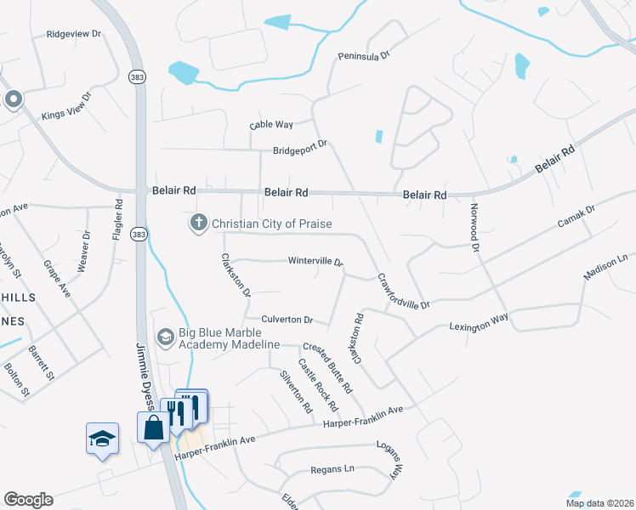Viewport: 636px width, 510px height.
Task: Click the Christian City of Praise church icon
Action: click(198, 224)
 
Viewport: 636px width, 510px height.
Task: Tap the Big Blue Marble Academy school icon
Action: click(165, 337)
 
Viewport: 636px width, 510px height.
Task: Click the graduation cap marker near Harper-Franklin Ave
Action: click(102, 439)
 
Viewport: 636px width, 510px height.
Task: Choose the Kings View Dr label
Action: click(65, 113)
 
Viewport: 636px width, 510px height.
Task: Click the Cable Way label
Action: click(271, 125)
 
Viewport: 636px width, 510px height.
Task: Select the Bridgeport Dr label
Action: click(300, 150)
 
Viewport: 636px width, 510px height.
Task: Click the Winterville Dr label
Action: click(315, 261)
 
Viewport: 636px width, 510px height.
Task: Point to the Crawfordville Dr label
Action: click(405, 291)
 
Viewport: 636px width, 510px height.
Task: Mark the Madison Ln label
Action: click(605, 266)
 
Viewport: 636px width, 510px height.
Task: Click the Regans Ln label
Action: click(332, 469)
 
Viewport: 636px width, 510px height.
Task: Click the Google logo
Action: click(28, 500)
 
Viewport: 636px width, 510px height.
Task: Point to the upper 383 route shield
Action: click(137, 76)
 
